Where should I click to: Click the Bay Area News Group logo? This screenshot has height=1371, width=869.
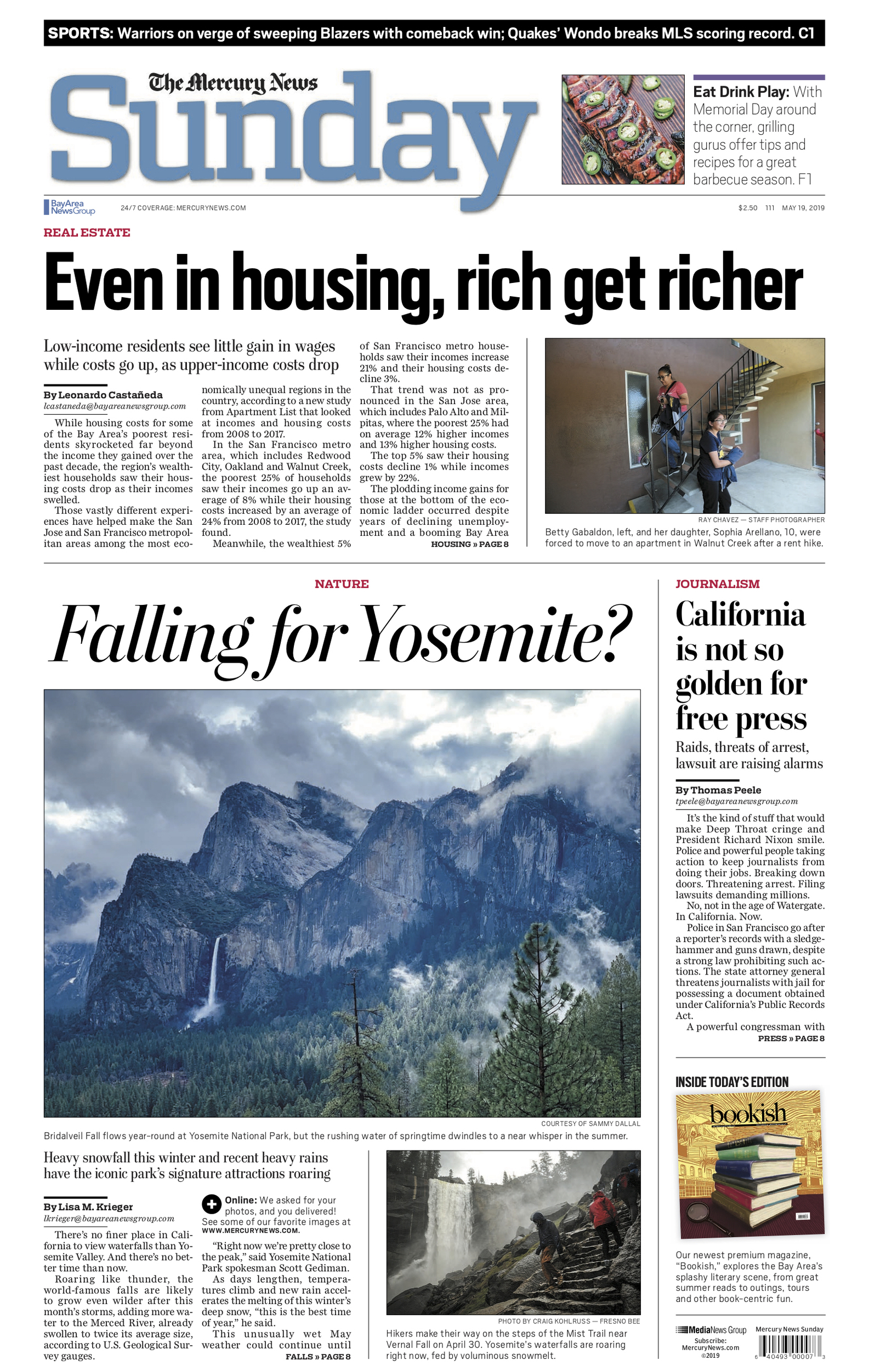(70, 207)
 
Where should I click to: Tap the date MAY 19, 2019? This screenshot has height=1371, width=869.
(803, 208)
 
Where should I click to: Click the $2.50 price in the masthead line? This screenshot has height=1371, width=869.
(747, 208)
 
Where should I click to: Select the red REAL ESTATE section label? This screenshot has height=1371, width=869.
(87, 233)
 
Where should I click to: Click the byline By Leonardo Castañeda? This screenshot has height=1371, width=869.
(103, 394)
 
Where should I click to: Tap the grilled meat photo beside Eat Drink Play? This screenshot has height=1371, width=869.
(622, 129)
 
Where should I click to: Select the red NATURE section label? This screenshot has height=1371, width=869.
(342, 583)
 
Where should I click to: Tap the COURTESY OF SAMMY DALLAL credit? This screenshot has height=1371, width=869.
(590, 1123)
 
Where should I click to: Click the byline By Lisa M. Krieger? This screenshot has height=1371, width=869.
(88, 1206)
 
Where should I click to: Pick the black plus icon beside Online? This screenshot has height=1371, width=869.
(211, 1204)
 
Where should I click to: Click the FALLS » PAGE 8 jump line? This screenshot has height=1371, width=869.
(317, 1356)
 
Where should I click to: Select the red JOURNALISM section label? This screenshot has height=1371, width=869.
(717, 583)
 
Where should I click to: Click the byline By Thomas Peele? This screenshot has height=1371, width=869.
(718, 790)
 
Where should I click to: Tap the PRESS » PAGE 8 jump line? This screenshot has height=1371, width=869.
(791, 1038)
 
